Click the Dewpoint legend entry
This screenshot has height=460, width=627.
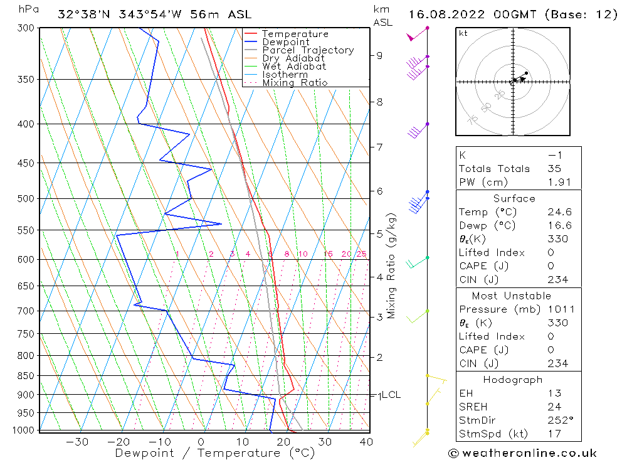tap(285, 42)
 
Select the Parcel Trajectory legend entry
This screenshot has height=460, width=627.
tap(308, 50)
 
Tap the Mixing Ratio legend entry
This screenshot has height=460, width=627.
tap(295, 83)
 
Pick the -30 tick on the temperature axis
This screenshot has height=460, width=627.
tap(77, 442)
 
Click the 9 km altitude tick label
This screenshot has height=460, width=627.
tap(380, 55)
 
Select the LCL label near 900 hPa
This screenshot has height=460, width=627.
tap(391, 395)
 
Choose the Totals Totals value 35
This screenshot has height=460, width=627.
tap(554, 168)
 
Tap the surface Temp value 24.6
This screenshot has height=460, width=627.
tap(559, 212)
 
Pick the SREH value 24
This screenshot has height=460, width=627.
tap(554, 405)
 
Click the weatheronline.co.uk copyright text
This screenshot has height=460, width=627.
tap(522, 452)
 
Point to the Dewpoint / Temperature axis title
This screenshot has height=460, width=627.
tap(214, 452)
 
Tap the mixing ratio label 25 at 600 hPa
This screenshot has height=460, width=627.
tap(361, 254)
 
